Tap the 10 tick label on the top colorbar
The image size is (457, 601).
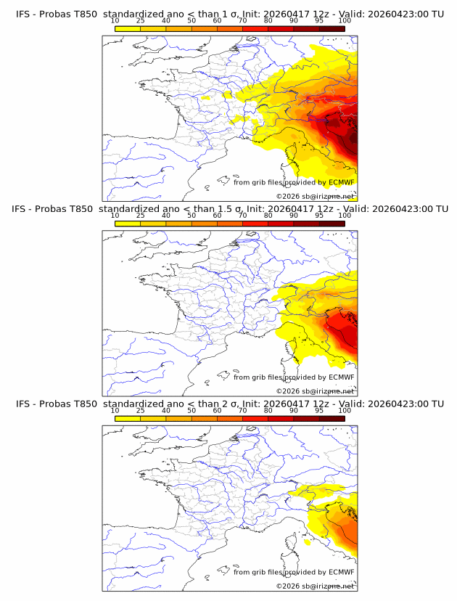pyautogui.click(x=115, y=21)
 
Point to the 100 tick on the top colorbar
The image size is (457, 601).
pyautogui.click(x=345, y=21)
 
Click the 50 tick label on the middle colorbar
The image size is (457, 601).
pyautogui.click(x=192, y=216)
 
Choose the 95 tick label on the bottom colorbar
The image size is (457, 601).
pyautogui.click(x=319, y=410)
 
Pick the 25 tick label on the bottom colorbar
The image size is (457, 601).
pyautogui.click(x=141, y=410)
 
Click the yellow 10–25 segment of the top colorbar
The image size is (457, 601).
pyautogui.click(x=128, y=28)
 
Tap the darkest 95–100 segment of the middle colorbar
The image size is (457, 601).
pyautogui.click(x=332, y=223)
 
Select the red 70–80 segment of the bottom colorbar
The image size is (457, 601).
pyautogui.click(x=255, y=417)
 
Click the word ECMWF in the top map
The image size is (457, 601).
pyautogui.click(x=342, y=182)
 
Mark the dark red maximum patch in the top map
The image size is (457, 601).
pyautogui.click(x=351, y=136)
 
